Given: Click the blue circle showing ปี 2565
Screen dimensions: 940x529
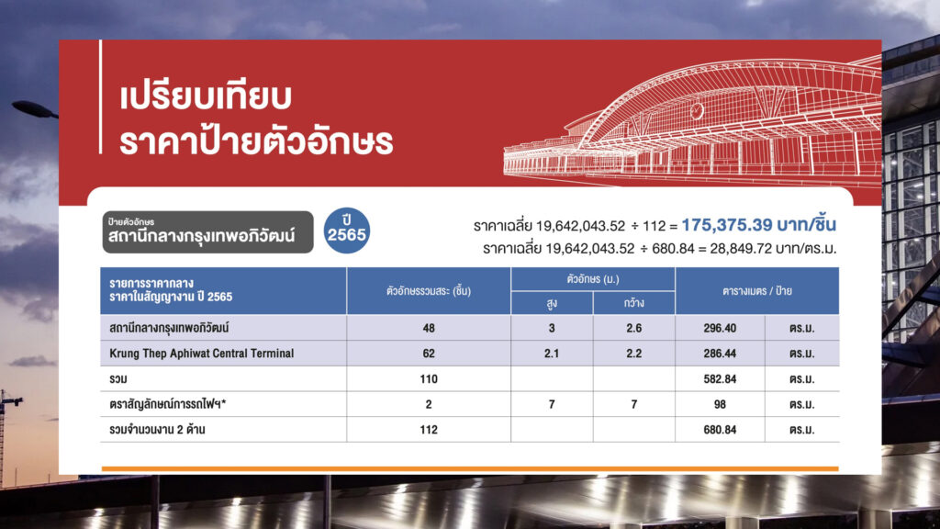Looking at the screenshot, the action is tap(346, 231).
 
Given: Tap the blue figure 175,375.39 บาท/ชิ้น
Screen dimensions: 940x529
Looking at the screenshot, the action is tap(758, 225).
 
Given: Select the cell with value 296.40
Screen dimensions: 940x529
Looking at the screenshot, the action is tap(720, 328).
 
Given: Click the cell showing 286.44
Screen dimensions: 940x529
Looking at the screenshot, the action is tap(720, 354).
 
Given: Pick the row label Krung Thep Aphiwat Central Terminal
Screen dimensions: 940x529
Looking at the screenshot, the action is tap(201, 354).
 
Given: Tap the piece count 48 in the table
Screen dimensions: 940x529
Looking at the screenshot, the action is tap(429, 328).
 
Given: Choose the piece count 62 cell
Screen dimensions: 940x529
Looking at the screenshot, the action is tap(429, 354).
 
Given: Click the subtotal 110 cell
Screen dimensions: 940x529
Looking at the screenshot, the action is tap(429, 379).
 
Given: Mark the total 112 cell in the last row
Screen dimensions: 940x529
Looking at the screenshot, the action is tap(429, 430).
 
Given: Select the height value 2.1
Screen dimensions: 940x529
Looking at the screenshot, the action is tap(552, 354).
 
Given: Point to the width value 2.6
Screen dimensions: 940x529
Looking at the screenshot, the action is tap(633, 328).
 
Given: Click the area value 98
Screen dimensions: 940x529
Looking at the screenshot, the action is tap(720, 404).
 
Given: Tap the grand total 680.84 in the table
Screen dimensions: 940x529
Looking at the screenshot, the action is tap(720, 430).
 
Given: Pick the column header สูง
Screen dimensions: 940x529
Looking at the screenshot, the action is tap(552, 303).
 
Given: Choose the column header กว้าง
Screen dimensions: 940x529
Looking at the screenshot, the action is tap(633, 303).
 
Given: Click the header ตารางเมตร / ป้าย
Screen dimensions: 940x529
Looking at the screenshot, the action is tap(757, 291).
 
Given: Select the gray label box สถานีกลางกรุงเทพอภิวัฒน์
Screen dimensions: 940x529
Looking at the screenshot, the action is tap(207, 231).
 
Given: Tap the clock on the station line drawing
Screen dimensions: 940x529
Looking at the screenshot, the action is tap(697, 111).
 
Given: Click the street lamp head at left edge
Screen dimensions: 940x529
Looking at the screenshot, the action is tap(34, 109).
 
